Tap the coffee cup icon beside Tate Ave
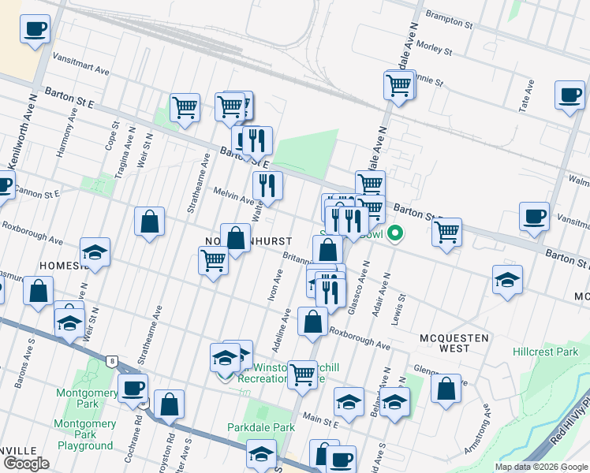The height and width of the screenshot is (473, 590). pos(569,95)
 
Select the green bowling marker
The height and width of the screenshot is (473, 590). pos(397,233)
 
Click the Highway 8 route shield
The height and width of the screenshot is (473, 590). pos(111,362)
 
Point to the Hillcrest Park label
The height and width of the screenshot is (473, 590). pos(543,351)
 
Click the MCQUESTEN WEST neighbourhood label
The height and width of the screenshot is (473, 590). pos(454,342)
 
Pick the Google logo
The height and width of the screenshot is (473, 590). pos(25,464)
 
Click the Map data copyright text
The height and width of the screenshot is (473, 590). pos(541,467)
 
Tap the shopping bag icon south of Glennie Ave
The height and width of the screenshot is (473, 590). pos(446,389)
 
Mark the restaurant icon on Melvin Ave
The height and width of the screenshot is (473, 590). pos(267,186)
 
